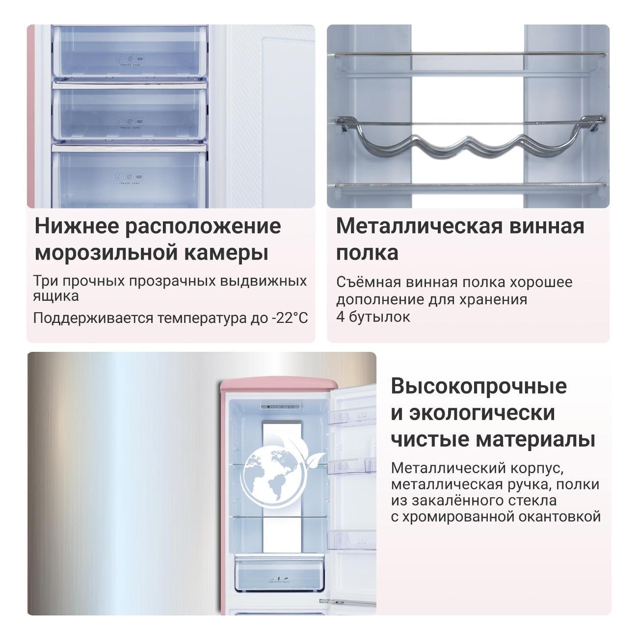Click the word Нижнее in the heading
click(x=77, y=226)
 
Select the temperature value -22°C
click(x=290, y=318)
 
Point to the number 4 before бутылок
click(x=341, y=317)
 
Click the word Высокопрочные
click(x=479, y=386)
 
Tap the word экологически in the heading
click(x=482, y=413)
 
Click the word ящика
click(x=56, y=296)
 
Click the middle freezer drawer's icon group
click(x=130, y=121)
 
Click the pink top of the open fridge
click(x=279, y=385)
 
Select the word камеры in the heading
click(x=226, y=253)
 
